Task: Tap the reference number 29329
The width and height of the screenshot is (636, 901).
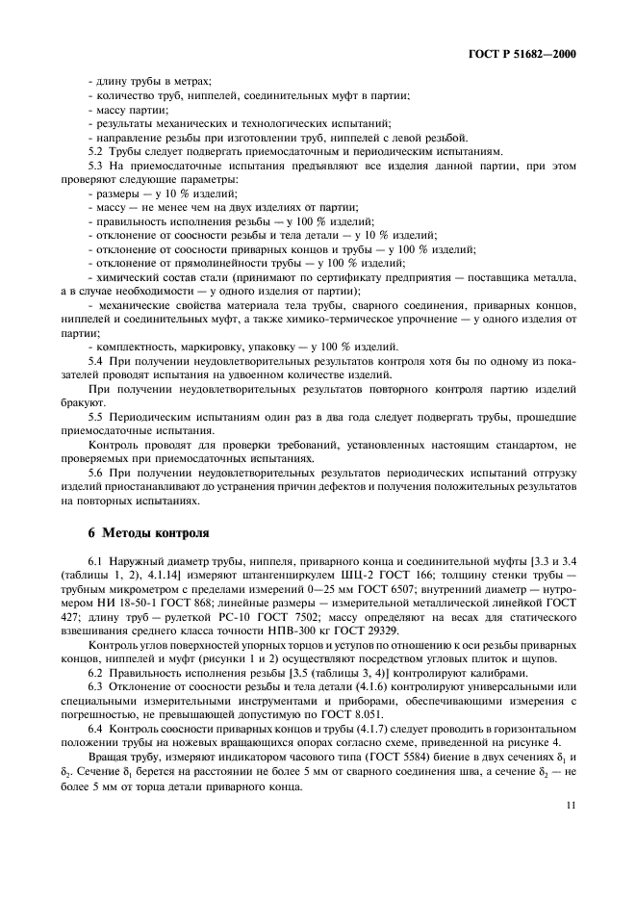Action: coord(423,631)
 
